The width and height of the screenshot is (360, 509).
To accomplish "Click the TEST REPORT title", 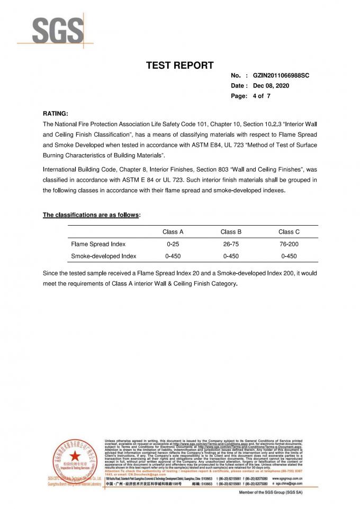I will coord(179,66).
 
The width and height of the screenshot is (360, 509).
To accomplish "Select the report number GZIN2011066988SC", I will coord(281,76).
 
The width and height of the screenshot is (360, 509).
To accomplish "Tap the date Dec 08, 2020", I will coord(272,86).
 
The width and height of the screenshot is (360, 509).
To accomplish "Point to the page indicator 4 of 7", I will coord(265,96).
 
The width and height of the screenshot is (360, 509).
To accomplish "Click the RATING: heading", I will coord(55,113).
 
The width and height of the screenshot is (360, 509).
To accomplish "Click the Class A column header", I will coord(173,231).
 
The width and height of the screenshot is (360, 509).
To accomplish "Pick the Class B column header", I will coord(231,231).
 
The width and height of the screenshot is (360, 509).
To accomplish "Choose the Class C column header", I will coord(289,231).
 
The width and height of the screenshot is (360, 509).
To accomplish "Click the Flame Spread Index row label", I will coord(98,244).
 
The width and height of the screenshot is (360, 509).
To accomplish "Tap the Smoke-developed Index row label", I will coord(104,256).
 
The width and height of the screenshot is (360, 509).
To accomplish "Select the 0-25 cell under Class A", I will coord(173,244).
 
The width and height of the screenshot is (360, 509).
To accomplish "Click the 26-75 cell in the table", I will coord(231,244).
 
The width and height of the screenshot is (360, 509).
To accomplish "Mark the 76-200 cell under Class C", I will coord(289,244).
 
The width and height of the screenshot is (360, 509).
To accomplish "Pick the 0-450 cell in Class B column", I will coord(231,256).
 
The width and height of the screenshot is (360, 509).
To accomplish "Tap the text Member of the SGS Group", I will coord(271,493).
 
